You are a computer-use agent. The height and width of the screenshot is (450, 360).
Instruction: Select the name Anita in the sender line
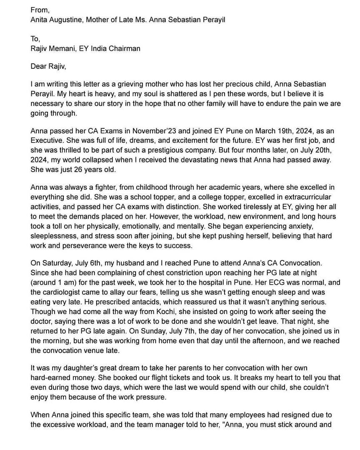click(40, 20)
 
